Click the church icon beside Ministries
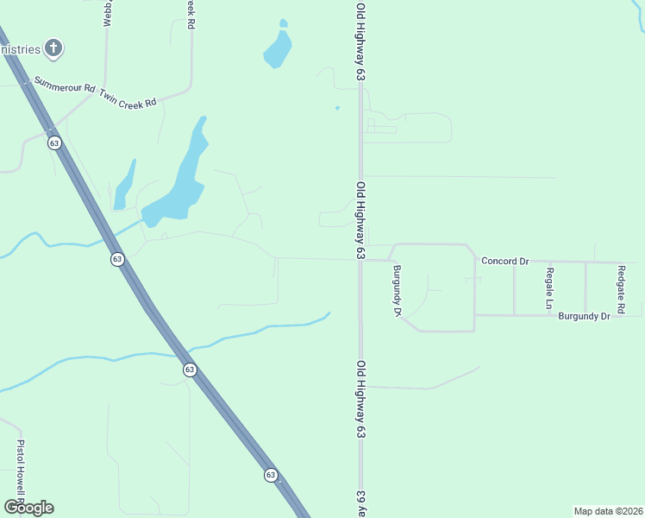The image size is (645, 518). pos(53,47)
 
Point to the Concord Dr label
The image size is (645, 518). pos(504,261)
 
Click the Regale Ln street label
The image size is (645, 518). pos(549,288)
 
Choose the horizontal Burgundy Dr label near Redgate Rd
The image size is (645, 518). pos(584,317)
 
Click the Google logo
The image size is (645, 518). pos(28,508)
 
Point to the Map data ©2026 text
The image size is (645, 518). pos(608,510)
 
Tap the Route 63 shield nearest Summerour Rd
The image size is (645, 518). pos(54,143)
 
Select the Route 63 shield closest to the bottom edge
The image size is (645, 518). pos(270,475)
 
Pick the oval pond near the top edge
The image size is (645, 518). pos(277,49)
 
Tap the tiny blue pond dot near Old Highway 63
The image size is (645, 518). pos(337,108)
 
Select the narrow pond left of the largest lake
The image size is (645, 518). pos(124,185)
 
